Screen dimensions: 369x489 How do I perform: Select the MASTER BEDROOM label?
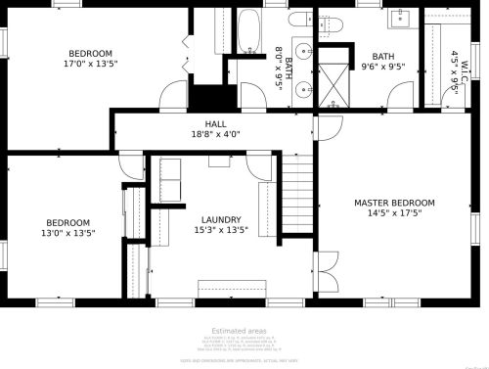point(394,203)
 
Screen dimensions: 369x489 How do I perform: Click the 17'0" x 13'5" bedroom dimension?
point(89,65)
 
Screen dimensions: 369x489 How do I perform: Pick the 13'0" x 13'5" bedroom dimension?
point(68,234)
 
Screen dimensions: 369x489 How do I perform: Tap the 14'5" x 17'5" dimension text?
point(394,213)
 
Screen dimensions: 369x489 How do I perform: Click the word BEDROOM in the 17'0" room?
point(89,54)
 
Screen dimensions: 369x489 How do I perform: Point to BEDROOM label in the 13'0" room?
point(68,223)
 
